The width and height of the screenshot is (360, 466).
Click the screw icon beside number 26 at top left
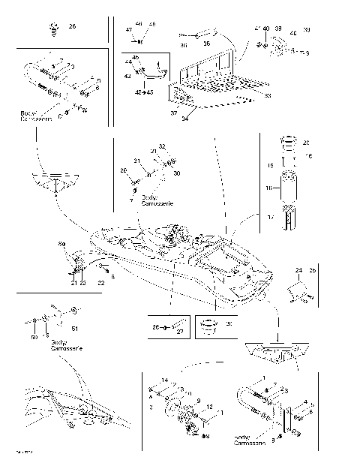click(53, 29)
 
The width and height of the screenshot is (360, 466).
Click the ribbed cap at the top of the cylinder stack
click(289, 143)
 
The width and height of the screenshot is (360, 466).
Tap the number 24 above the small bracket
click(298, 269)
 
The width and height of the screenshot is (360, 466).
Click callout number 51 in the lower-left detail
click(73, 327)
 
